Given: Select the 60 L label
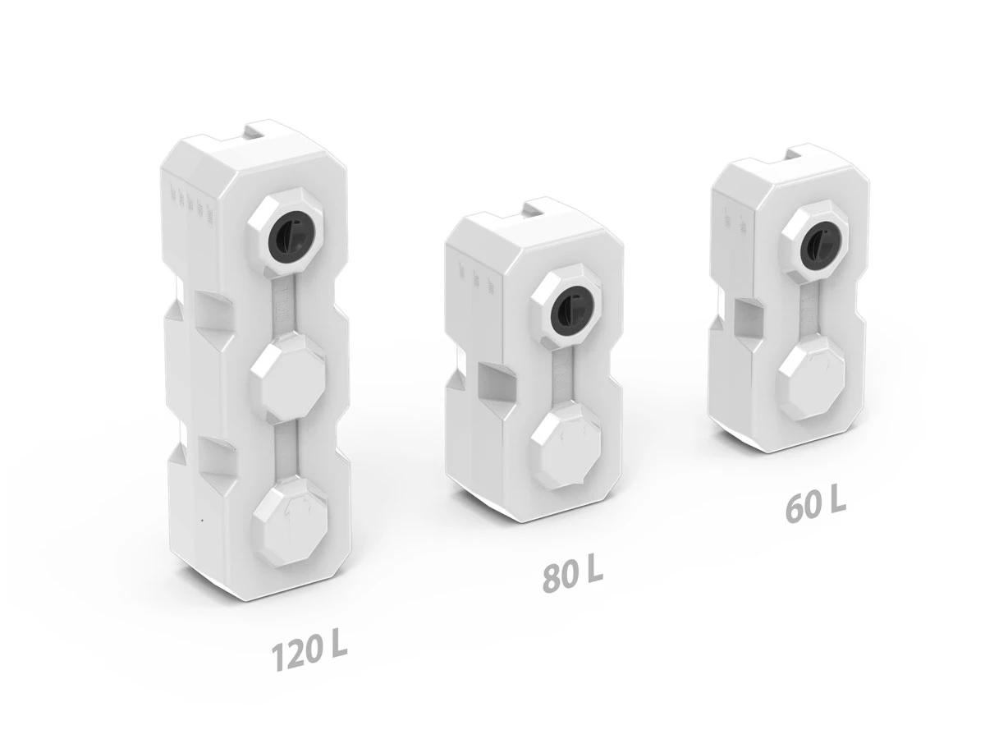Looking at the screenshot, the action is [x=815, y=507].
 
